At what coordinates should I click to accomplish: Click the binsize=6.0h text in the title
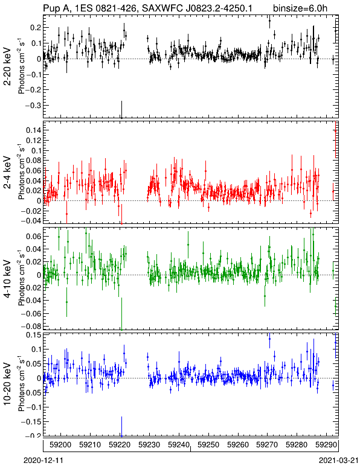[x=300, y=8]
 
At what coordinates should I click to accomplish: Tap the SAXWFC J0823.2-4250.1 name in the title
[x=197, y=8]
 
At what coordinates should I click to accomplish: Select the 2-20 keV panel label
[x=7, y=66]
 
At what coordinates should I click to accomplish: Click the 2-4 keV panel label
[x=7, y=173]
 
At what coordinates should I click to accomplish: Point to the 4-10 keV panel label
[x=7, y=279]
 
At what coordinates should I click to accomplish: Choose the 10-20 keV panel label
[x=7, y=384]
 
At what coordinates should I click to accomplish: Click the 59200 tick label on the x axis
[x=61, y=445]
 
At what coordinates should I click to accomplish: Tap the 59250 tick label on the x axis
[x=208, y=445]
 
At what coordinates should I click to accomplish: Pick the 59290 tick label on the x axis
[x=326, y=445]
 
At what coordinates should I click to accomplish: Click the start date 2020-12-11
[x=43, y=461]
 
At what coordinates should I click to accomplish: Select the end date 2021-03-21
[x=339, y=461]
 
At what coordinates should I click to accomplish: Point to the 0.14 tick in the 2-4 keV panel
[x=33, y=130]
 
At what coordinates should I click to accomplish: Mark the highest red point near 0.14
[x=335, y=131]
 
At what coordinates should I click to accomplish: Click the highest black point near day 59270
[x=269, y=21]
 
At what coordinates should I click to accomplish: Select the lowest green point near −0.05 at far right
[x=336, y=306]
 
